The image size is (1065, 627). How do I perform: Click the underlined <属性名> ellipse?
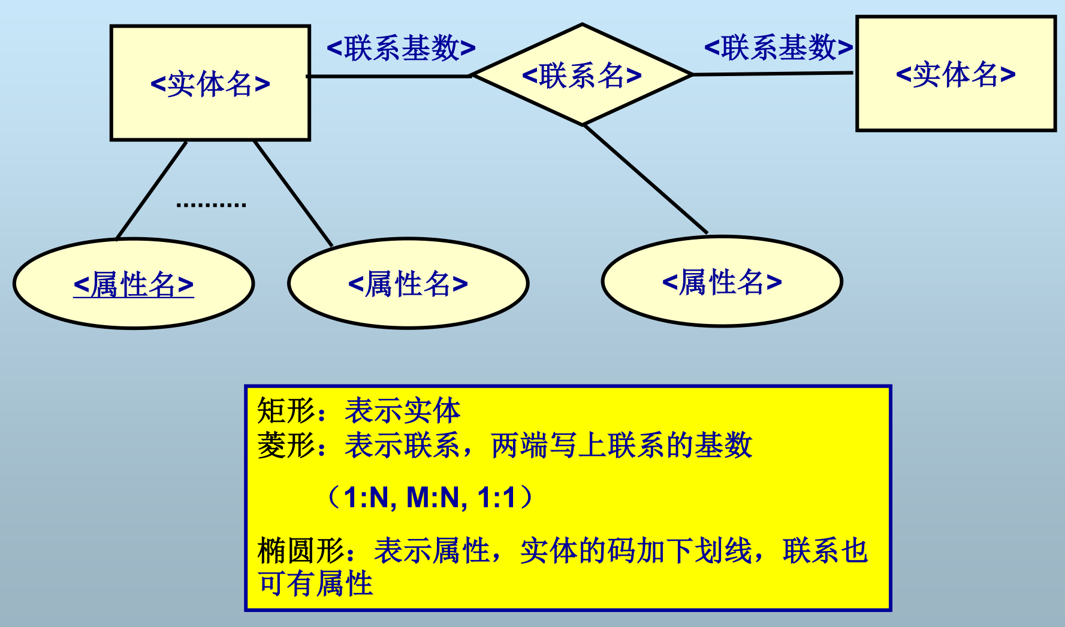[x=134, y=284]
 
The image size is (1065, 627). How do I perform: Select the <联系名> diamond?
[x=581, y=75]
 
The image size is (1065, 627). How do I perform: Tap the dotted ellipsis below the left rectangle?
[x=211, y=205]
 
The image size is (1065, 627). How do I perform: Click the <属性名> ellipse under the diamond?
[x=722, y=281]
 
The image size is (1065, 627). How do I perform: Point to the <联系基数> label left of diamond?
[x=401, y=48]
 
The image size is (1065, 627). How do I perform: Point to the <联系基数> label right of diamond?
[x=778, y=47]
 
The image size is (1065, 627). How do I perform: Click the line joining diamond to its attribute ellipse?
[x=645, y=179]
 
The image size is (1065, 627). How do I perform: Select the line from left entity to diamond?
[x=390, y=76]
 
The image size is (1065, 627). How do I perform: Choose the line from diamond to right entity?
[x=773, y=74]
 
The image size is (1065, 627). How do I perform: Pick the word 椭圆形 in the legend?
[x=301, y=551]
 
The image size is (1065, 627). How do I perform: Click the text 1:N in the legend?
[x=366, y=498]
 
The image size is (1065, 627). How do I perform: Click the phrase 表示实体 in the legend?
[x=402, y=411]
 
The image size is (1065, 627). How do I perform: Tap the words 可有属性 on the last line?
[x=315, y=584]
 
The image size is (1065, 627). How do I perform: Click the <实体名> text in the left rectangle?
[x=210, y=84]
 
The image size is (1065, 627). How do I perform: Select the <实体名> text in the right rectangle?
[x=955, y=74]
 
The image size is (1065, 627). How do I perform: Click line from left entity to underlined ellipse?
[x=152, y=190]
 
